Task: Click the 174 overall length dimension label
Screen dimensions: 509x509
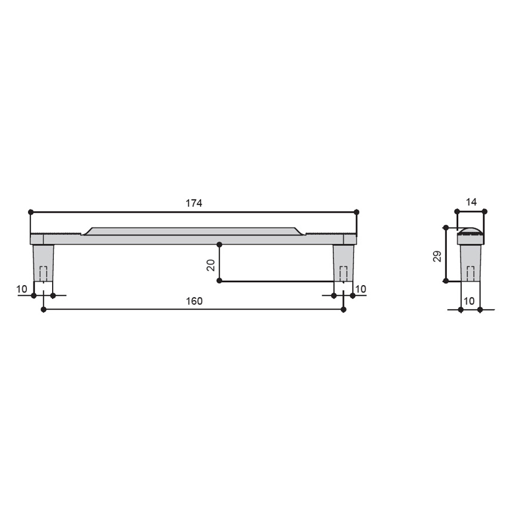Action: [x=194, y=203]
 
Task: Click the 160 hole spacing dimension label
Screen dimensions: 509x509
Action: [x=194, y=301]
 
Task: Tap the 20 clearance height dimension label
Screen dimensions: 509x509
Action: [x=211, y=265]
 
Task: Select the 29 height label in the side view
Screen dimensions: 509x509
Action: [x=438, y=256]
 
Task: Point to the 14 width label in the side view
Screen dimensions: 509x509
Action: [x=471, y=202]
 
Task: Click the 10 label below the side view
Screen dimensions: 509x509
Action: [x=469, y=301]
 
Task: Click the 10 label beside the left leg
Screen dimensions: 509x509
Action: [x=22, y=289]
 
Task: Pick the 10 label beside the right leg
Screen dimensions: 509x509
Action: [x=361, y=289]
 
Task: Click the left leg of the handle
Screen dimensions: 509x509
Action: [x=44, y=263]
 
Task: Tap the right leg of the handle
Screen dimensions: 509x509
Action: [x=344, y=263]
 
